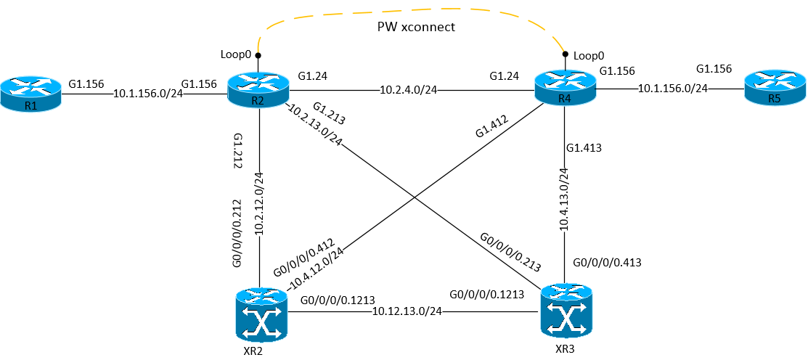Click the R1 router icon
(30, 94)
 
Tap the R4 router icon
(565, 88)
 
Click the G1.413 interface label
(584, 148)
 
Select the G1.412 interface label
(492, 124)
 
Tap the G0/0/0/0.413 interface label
(608, 262)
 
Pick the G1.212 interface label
(237, 151)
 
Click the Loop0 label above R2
(235, 54)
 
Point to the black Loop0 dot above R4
(565, 54)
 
